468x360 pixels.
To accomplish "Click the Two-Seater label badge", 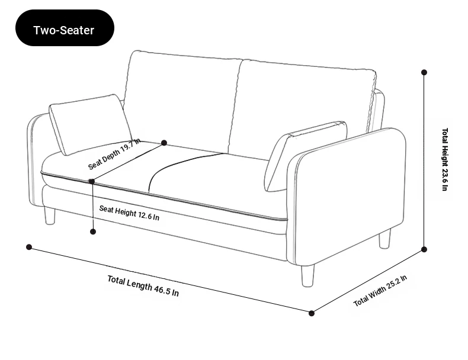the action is click(x=65, y=28).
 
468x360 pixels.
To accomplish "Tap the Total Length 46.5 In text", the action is click(x=143, y=286).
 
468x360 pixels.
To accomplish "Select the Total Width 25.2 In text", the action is click(x=380, y=291).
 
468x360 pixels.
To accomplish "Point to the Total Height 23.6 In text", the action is click(x=445, y=159).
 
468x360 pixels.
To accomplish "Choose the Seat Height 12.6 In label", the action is click(x=129, y=213).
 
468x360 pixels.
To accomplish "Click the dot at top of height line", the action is click(x=424, y=72).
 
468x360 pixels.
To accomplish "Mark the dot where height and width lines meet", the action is click(x=424, y=249).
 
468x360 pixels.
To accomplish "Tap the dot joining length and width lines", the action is click(x=311, y=313).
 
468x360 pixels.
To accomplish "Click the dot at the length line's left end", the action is click(x=29, y=247).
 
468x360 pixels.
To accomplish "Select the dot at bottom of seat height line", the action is click(x=93, y=232).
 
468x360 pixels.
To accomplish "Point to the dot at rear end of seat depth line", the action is click(x=164, y=143).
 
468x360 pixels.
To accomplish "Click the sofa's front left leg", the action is click(x=50, y=216).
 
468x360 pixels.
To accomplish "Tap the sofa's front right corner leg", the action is click(x=307, y=276).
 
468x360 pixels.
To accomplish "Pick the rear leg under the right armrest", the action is click(x=384, y=239).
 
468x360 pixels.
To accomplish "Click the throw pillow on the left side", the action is click(x=91, y=125).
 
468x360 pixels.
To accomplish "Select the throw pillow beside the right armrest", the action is click(x=305, y=156).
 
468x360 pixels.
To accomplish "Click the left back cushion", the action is click(x=182, y=102).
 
